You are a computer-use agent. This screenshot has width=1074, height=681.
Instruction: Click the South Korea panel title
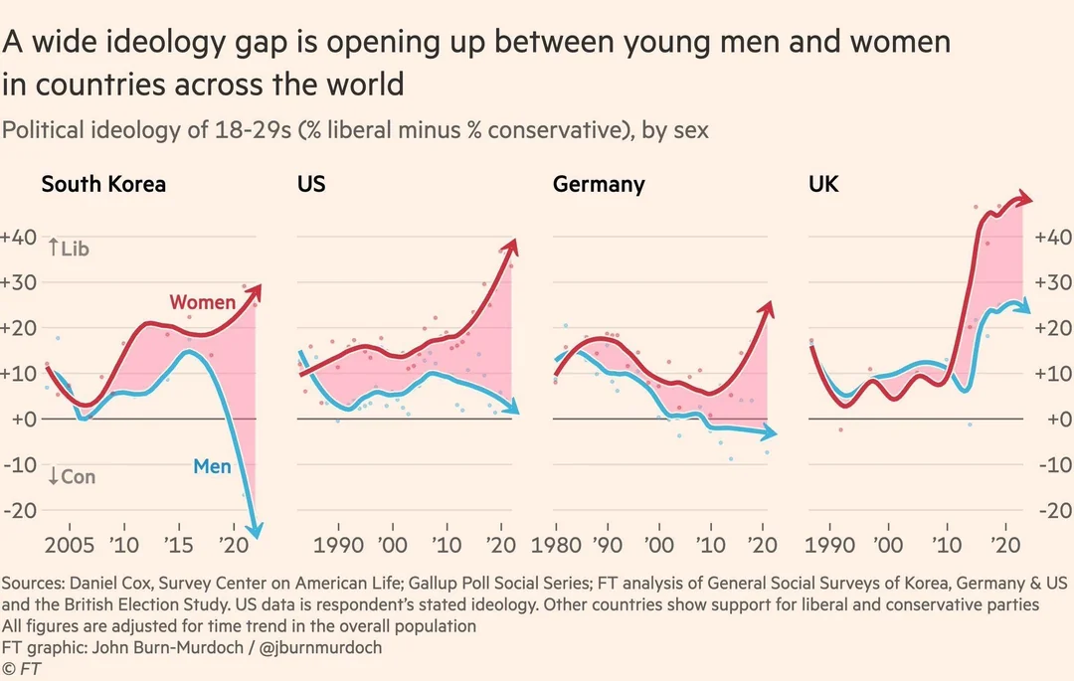coord(102,184)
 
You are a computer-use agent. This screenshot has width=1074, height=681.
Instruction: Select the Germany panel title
coord(599,184)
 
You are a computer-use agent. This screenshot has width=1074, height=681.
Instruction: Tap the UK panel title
coord(823,184)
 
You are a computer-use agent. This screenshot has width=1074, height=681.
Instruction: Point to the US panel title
coord(311,184)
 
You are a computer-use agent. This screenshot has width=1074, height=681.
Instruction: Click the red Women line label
coord(202,301)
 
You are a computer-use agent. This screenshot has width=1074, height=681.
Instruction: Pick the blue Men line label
coord(212,465)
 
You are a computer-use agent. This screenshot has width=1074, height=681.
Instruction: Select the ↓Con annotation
coord(72,477)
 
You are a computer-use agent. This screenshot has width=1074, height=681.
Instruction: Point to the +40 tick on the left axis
coord(19,238)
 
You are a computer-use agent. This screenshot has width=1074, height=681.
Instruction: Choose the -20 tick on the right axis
coord(1054,510)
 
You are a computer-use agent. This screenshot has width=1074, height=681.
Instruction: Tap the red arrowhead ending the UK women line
coord(1025,200)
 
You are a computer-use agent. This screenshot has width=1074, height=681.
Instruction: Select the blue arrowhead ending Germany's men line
coord(770,433)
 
